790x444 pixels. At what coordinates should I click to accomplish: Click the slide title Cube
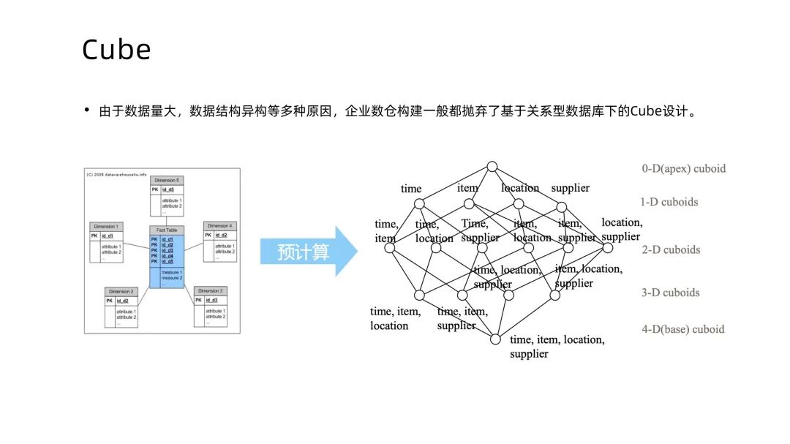[x=116, y=50]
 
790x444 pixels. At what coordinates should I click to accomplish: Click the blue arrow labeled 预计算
[x=307, y=252]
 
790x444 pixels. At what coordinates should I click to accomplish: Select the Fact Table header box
[x=166, y=230]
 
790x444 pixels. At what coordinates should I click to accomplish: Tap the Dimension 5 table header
[x=168, y=180]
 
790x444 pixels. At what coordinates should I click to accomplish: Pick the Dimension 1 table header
[x=106, y=226]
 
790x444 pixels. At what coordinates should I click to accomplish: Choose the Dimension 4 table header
[x=219, y=226]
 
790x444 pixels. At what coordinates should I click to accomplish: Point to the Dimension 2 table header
[x=121, y=291]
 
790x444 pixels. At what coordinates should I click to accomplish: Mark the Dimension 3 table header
[x=210, y=291]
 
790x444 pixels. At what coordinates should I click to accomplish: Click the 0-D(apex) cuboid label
[x=683, y=169]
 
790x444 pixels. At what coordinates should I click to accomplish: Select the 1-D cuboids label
[x=669, y=202]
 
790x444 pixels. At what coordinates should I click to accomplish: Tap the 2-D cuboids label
[x=671, y=249]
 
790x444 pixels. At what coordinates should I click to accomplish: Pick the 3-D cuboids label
[x=670, y=293]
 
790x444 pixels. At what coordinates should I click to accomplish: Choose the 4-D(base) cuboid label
[x=682, y=329]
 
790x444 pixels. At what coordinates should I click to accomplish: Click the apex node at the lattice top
[x=492, y=167]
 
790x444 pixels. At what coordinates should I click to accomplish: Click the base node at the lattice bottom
[x=495, y=339]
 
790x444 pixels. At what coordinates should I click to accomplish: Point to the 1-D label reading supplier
[x=570, y=188]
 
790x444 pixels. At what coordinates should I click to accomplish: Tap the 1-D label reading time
[x=411, y=189]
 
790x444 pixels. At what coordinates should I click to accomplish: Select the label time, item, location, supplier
[x=557, y=347]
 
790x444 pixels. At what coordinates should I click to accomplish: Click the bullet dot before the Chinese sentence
[x=86, y=111]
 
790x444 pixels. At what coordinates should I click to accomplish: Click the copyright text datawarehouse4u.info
[x=117, y=174]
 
